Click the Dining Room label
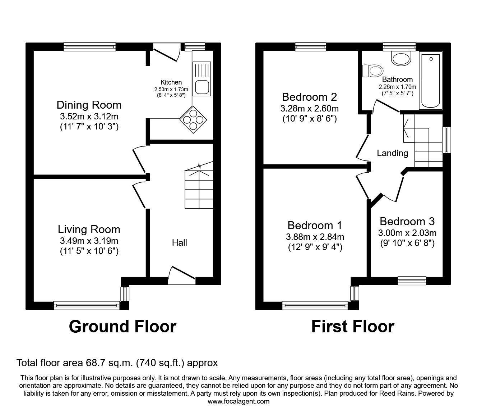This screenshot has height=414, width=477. coord(89,105)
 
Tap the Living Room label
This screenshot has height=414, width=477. coord(89,229)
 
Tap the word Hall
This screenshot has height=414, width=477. coord(179,243)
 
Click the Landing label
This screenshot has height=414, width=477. coord(392,153)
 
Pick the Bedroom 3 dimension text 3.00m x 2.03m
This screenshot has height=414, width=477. coord(407,233)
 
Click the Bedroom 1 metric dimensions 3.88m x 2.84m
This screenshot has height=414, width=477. coord(315,237)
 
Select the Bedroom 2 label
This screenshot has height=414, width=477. coord(309,97)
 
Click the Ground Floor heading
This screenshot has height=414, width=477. coord(122,327)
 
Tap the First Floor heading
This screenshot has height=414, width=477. coord(352,327)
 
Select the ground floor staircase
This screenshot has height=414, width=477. coord(199,189)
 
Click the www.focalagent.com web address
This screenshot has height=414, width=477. coord(239,401)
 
